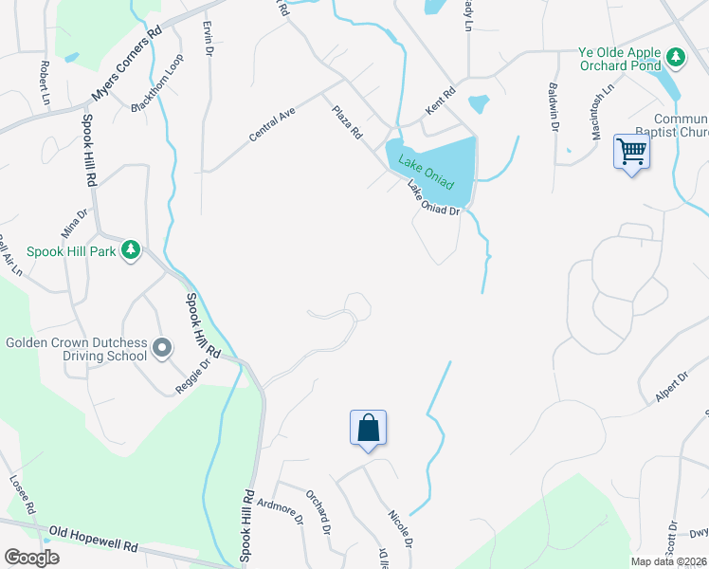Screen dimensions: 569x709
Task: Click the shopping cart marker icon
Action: click(x=631, y=151)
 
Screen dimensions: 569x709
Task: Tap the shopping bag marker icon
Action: click(x=368, y=428)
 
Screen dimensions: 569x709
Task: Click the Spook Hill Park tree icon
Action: click(x=131, y=250)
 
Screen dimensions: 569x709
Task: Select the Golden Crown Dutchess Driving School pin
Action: click(x=161, y=348)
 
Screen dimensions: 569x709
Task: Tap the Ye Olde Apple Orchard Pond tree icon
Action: click(x=675, y=58)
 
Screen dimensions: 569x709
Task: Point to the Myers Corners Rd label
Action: click(x=127, y=64)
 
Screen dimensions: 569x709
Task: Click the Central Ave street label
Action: click(x=273, y=124)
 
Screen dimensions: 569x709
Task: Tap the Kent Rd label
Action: click(x=441, y=102)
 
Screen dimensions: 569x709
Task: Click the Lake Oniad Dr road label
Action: click(x=433, y=197)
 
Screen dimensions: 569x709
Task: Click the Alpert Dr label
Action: click(x=670, y=389)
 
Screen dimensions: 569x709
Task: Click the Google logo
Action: click(x=31, y=558)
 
